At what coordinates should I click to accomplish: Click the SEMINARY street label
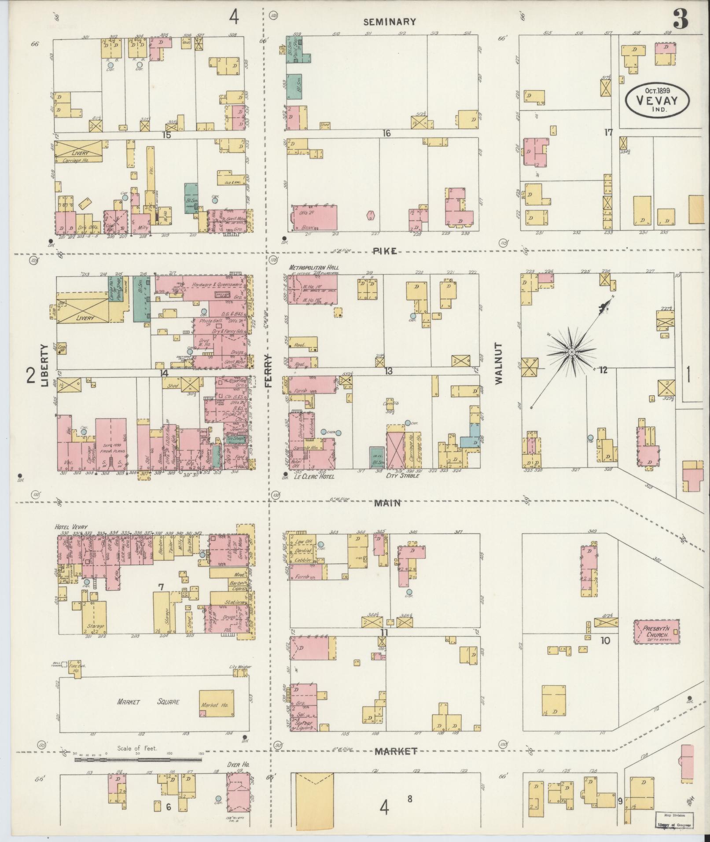pyautogui.click(x=390, y=22)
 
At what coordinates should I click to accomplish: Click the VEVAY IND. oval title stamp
pyautogui.click(x=657, y=100)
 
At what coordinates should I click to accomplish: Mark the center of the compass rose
pyautogui.click(x=571, y=352)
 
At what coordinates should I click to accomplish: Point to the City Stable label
pyautogui.click(x=402, y=476)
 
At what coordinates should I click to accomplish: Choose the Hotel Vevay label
pyautogui.click(x=71, y=527)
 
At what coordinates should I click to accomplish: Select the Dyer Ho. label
pyautogui.click(x=239, y=765)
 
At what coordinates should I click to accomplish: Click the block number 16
pyautogui.click(x=386, y=133)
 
